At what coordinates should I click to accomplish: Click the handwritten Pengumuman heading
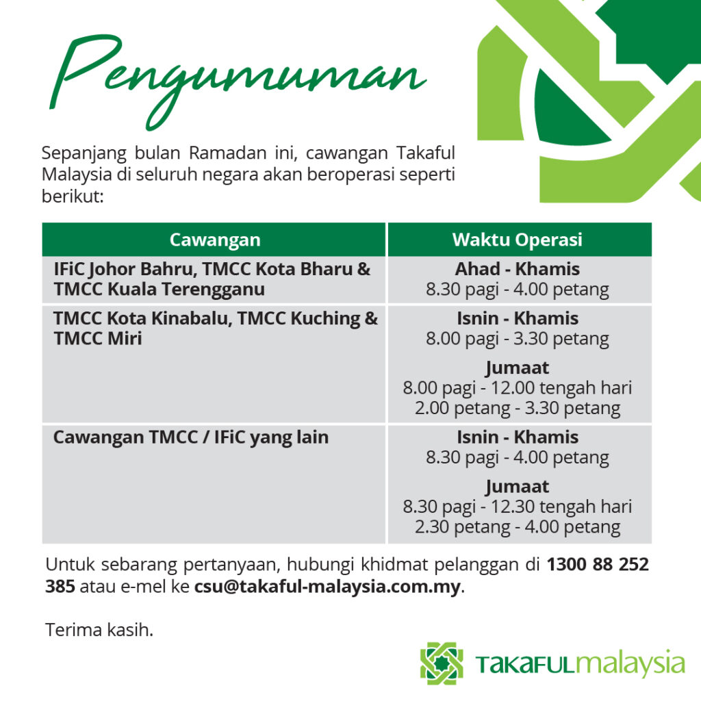(237, 81)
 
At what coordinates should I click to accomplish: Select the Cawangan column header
(214, 240)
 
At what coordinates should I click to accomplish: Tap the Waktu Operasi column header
(518, 240)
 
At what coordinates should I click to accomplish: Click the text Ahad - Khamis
(518, 269)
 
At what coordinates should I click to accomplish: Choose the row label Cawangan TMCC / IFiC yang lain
(191, 437)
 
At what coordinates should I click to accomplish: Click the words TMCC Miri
(97, 338)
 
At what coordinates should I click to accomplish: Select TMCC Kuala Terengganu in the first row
(159, 290)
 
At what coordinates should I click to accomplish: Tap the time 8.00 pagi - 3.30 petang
(518, 339)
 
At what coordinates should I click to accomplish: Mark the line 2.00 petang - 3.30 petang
(518, 408)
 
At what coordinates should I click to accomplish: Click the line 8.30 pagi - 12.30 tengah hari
(518, 507)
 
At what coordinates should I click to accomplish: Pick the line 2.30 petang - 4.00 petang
(518, 527)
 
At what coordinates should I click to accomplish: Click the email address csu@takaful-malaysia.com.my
(327, 587)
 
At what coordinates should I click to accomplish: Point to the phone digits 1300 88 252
(598, 564)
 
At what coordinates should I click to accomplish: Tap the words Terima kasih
(99, 630)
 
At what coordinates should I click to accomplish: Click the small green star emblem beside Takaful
(442, 663)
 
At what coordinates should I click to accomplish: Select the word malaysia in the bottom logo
(630, 663)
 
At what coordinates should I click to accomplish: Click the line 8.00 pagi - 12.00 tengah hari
(518, 388)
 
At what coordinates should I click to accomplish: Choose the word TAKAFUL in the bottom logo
(524, 664)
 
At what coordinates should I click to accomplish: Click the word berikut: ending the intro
(73, 196)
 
